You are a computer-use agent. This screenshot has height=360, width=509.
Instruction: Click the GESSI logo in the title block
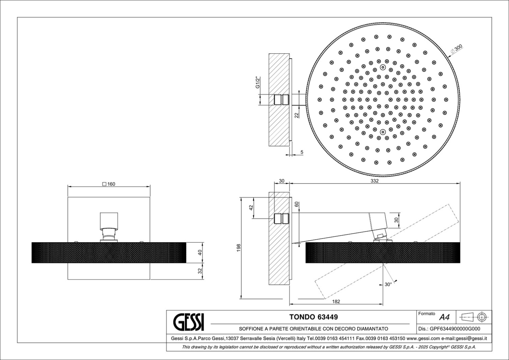coord(189,322)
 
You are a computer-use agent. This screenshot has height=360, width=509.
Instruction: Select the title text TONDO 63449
coord(314,317)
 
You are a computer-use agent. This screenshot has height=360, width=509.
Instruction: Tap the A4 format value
coord(444,317)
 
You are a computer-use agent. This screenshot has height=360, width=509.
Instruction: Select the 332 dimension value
coord(375,181)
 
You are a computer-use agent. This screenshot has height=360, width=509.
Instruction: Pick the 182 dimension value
coord(336,301)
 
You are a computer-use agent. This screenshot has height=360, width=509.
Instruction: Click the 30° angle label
coord(388,284)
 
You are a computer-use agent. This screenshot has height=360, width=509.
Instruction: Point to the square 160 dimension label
coord(109,184)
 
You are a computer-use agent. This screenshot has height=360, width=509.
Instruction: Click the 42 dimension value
coord(251,208)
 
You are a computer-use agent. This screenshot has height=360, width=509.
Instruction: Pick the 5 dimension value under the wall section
coord(302,152)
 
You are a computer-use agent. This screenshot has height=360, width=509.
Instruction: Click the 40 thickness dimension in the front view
coord(200,252)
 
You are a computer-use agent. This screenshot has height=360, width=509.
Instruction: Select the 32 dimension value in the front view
coord(200,271)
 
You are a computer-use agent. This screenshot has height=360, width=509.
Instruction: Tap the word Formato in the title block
coord(427,314)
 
